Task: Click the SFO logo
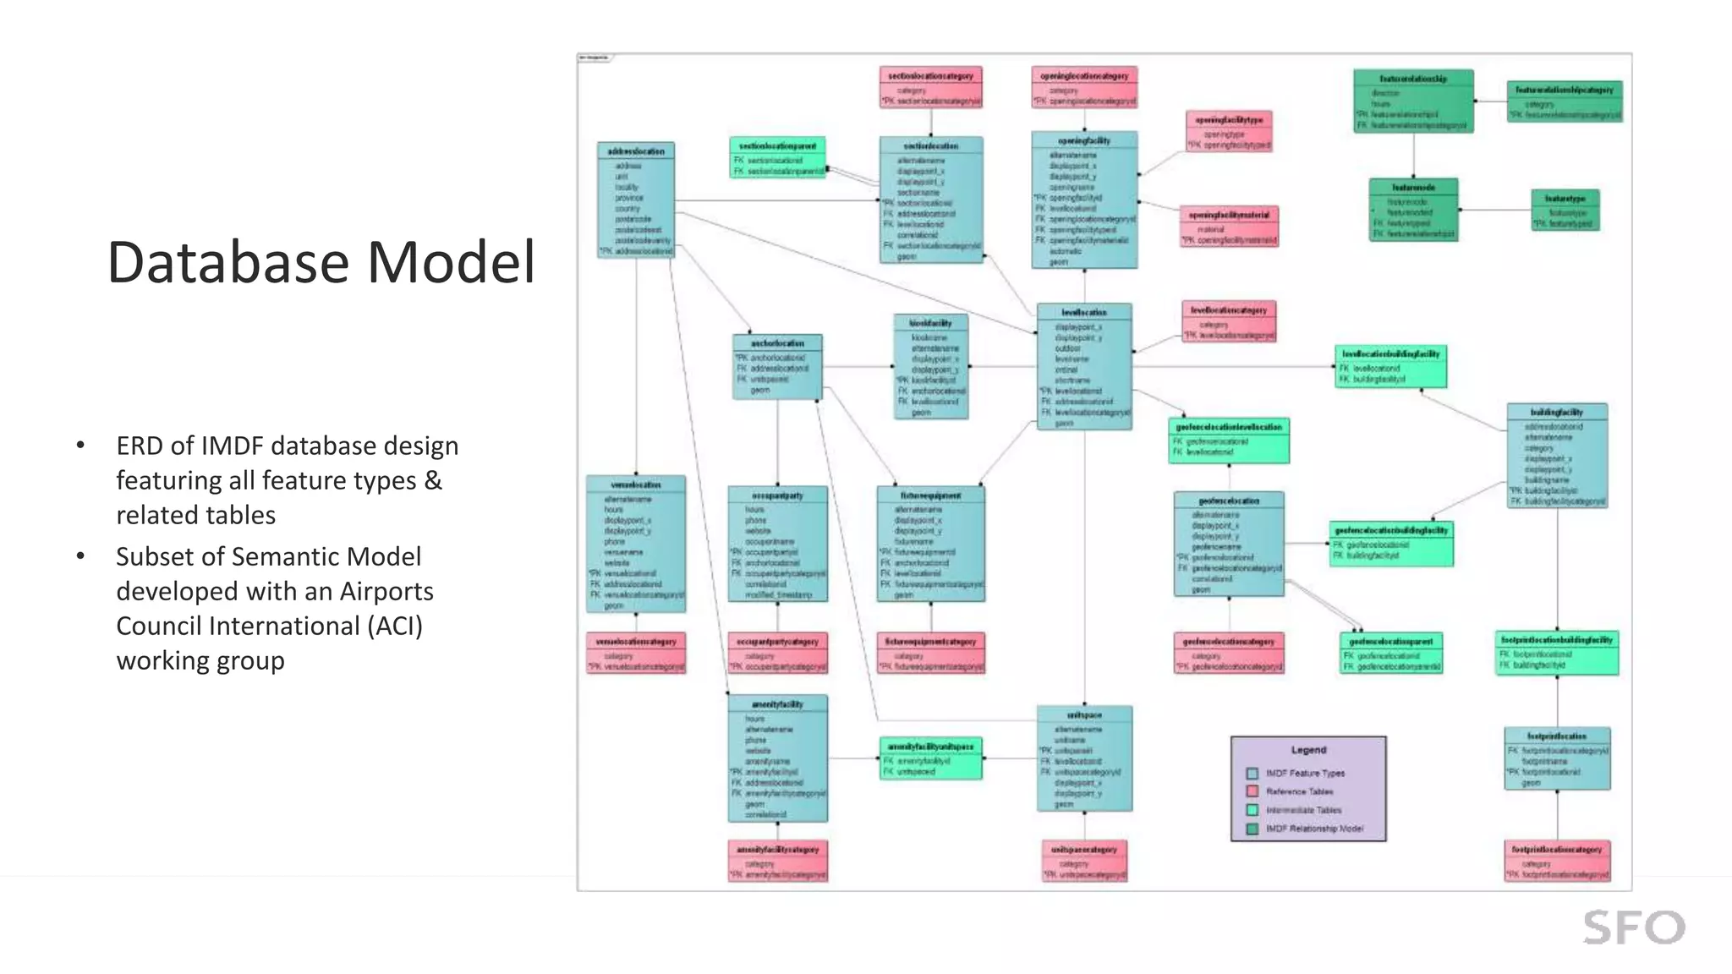point(1634,927)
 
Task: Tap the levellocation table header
point(1084,312)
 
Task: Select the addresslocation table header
point(636,151)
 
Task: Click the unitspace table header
point(1084,715)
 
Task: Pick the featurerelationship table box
point(1413,101)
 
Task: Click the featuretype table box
point(1565,211)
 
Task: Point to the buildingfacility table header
point(1556,412)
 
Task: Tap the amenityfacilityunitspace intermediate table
point(930,758)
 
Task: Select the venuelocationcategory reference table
point(636,654)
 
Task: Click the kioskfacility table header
point(930,323)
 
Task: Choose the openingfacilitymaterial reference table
point(1229,227)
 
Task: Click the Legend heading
point(1308,750)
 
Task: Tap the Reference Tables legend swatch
point(1252,791)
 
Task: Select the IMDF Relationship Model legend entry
point(1313,829)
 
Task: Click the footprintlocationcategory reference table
point(1557,861)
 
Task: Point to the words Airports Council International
point(275,609)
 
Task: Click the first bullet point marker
point(80,446)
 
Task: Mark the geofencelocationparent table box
point(1391,654)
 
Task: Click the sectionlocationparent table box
point(777,158)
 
